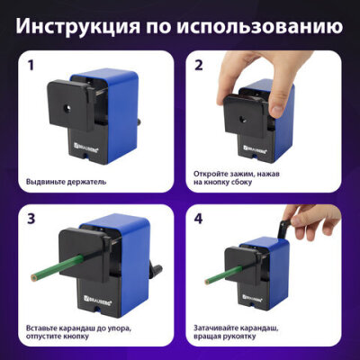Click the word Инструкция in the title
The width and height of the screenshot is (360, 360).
[x=77, y=26]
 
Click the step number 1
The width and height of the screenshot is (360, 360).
[x=31, y=65]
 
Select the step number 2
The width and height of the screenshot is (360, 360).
[x=199, y=65]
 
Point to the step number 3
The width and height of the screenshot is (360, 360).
[x=31, y=219]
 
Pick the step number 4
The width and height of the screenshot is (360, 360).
[x=199, y=219]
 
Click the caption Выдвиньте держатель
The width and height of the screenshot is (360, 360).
[x=66, y=182]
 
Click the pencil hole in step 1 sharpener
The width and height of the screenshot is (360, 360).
[x=67, y=109]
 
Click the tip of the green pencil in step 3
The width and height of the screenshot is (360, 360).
[x=33, y=275]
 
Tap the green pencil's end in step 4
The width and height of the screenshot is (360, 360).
[x=207, y=282]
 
